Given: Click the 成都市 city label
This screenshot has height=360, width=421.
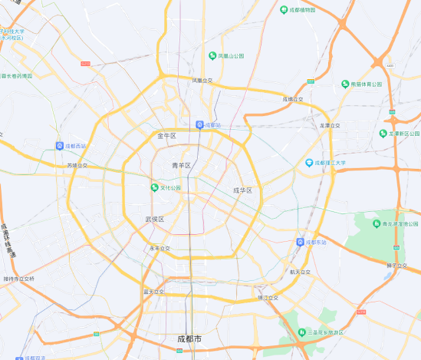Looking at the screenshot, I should point(189,339).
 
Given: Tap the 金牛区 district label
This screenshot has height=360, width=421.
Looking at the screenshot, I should point(167,136).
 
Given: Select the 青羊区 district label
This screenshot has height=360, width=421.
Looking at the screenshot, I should point(181,165).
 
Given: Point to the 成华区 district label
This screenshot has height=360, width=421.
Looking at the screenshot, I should point(243,190).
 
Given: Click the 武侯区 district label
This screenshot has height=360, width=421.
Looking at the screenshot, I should point(155,219).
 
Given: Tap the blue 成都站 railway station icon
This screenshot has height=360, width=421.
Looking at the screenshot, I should point(199,124).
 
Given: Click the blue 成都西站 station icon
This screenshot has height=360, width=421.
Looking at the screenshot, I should point(59,145).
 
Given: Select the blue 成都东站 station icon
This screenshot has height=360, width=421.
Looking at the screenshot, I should point(300,242).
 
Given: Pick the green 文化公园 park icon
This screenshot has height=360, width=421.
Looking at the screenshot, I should point(155,188).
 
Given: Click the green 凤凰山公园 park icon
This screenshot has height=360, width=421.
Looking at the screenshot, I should point(212,56).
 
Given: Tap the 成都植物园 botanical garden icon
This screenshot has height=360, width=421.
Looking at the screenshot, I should point(284,10).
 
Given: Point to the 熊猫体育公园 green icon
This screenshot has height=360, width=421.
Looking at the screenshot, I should point(345,84).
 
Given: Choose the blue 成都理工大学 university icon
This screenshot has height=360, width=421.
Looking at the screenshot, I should point(309,163).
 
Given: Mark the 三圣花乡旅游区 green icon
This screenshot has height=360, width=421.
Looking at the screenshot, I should point(301,332).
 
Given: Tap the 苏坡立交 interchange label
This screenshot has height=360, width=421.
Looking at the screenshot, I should point(77,166).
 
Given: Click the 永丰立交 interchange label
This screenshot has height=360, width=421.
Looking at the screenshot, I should point(159,248).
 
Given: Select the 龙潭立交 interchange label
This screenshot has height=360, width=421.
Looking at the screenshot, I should point(330,125).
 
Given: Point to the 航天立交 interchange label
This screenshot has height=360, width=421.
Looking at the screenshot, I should point(299,271).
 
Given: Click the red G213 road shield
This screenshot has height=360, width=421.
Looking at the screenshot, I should point(86,63).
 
